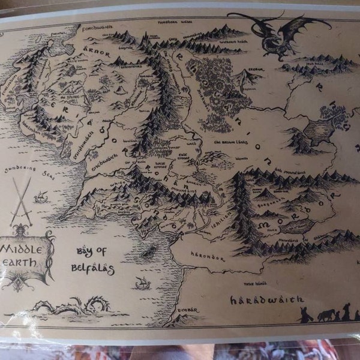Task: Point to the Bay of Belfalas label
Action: coord(94,261)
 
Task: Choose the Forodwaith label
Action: coord(95,26)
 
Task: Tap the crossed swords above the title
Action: coord(22,201)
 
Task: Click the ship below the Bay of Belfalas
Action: coord(142,283)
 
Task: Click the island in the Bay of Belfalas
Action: coord(148,251)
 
